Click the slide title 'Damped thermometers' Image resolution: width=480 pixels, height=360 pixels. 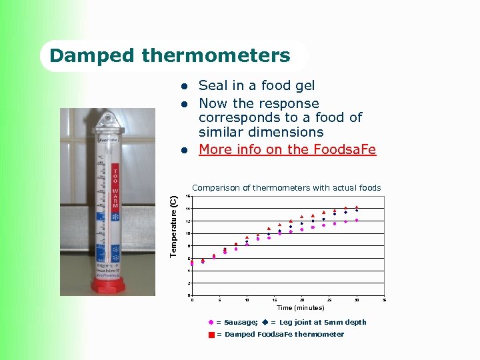point(170,55)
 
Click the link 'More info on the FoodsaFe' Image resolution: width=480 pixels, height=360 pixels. point(287,149)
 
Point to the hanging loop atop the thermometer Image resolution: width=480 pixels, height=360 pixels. point(107,121)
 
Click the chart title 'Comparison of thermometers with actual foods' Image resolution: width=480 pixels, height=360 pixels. point(286,188)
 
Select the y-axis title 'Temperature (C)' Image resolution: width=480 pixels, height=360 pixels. point(173,226)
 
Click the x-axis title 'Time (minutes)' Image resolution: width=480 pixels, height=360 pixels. point(300,308)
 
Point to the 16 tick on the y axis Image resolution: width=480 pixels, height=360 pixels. point(188,196)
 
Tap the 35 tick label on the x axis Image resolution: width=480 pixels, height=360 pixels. point(384,300)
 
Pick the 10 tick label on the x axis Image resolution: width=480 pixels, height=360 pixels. point(247,300)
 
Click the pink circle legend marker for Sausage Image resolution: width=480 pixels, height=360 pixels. point(211,323)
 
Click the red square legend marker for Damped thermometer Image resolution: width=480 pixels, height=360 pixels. point(211,335)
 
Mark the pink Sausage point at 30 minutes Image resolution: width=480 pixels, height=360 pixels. point(357,220)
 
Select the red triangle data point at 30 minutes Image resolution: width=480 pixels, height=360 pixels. point(357,207)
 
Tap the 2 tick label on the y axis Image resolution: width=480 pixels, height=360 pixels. point(189,283)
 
